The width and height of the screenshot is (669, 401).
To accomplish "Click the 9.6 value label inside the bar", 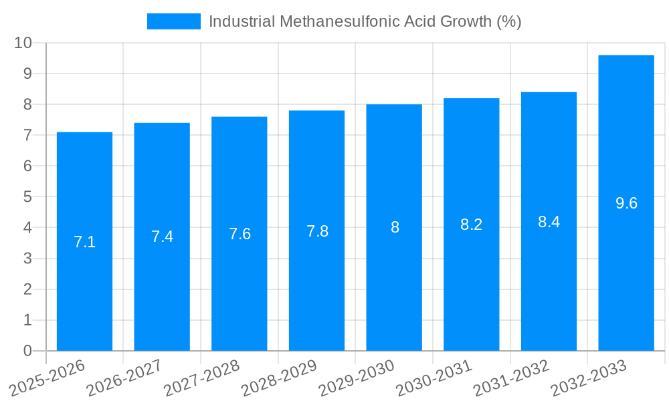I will click(x=626, y=203).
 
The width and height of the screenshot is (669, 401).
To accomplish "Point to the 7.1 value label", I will click(x=84, y=242).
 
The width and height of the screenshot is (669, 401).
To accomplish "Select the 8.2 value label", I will click(x=472, y=225).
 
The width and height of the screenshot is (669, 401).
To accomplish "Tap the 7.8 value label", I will click(x=317, y=231).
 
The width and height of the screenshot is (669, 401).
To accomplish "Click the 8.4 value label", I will click(x=549, y=222).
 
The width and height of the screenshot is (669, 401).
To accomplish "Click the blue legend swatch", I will click(x=173, y=21).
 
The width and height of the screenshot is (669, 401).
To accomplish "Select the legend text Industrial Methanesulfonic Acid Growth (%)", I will click(x=365, y=21).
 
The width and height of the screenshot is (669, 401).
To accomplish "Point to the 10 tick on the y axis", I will click(x=23, y=43).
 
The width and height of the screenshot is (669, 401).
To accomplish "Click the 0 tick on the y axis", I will click(x=27, y=351).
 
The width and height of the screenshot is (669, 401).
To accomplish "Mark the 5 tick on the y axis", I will click(x=27, y=197).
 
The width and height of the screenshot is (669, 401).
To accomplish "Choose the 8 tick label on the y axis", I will click(x=27, y=104).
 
